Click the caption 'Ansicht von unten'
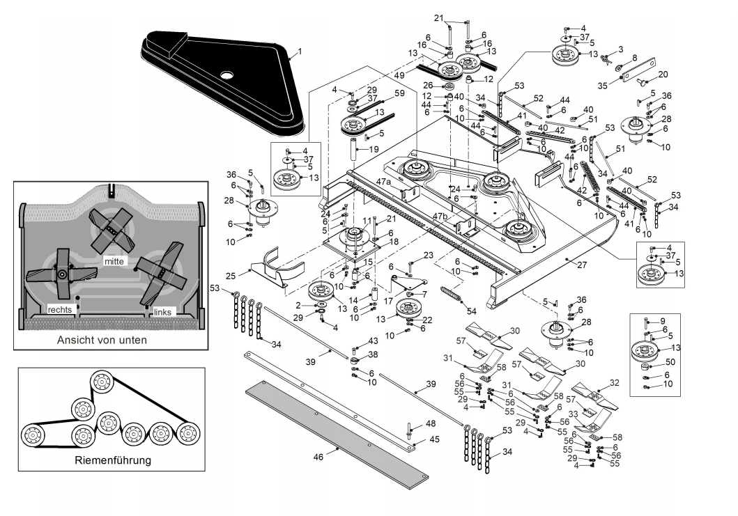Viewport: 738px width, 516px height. click(102, 340)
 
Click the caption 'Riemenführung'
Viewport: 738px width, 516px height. click(113, 460)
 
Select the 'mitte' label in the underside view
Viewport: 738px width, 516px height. click(114, 261)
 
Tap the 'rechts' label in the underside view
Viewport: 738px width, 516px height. click(60, 309)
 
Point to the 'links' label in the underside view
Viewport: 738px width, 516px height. click(162, 312)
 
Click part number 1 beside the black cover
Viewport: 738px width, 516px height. click(300, 52)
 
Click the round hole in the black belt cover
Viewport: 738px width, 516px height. click(227, 75)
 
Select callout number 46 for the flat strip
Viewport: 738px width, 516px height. click(318, 457)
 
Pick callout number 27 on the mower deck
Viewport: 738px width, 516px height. click(582, 265)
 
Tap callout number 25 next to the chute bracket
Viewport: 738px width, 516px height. click(231, 276)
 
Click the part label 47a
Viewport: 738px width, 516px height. click(383, 181)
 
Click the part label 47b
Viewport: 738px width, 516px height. click(440, 216)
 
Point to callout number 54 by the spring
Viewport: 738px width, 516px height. click(472, 311)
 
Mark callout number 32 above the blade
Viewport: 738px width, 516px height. click(614, 383)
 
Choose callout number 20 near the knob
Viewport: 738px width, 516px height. click(663, 75)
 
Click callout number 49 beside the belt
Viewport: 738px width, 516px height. click(399, 75)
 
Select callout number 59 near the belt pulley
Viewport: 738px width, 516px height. click(399, 93)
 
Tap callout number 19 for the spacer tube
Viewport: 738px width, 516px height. click(374, 150)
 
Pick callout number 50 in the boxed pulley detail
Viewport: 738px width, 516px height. click(670, 362)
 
